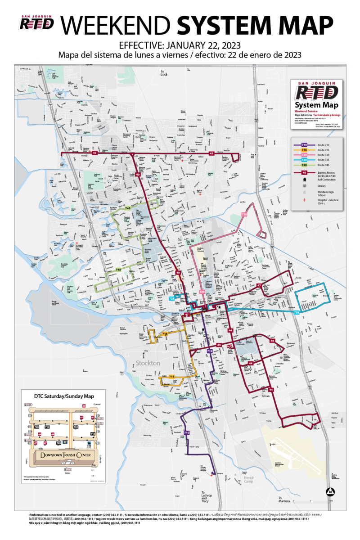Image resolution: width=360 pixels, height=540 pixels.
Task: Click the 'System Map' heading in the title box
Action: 316,105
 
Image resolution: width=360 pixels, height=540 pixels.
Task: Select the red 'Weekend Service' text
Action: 306,111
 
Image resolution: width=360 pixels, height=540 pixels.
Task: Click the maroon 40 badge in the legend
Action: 304,172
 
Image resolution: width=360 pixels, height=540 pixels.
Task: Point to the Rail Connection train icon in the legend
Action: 305,180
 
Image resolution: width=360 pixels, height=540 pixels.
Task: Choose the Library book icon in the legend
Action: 305,186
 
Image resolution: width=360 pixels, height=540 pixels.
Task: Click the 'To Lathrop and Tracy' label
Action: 205,496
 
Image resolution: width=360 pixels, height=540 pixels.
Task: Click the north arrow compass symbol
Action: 330,491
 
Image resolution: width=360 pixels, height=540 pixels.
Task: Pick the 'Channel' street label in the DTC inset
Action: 97,405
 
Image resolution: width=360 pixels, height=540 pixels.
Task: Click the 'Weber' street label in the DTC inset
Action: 67,473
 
